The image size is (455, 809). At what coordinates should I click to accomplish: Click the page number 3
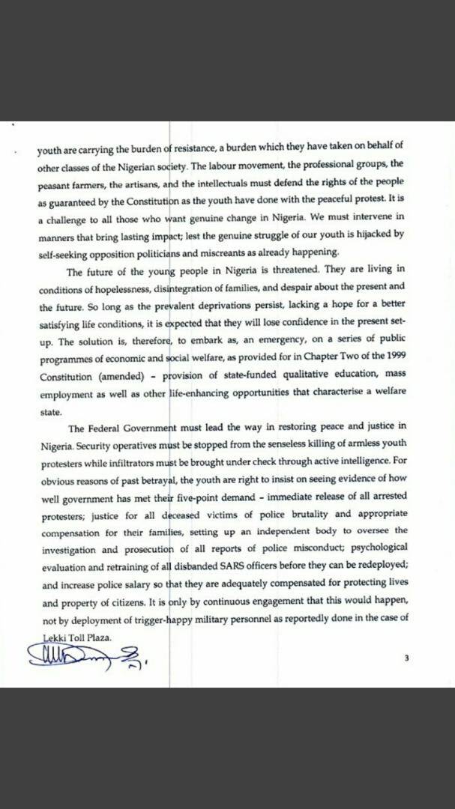406,658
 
